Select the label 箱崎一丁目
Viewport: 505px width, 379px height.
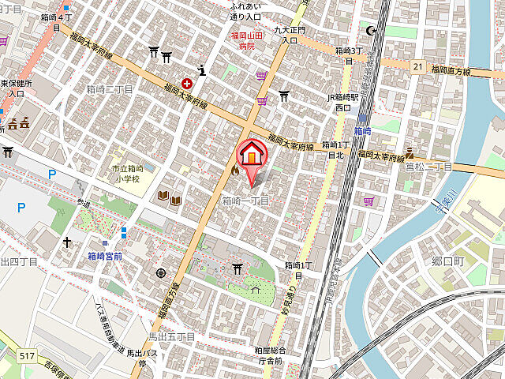point(245,201)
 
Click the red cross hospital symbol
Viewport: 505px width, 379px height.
point(187,82)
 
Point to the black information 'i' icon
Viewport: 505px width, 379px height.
point(203,69)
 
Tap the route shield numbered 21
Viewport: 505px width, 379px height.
point(417,67)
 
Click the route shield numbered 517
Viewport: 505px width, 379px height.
point(27,357)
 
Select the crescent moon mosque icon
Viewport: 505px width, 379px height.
point(372,31)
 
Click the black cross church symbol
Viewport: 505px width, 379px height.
point(67,242)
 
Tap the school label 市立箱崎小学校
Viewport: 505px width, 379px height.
point(126,174)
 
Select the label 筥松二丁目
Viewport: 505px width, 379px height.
point(428,167)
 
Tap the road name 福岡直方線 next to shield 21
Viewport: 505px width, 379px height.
point(451,71)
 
